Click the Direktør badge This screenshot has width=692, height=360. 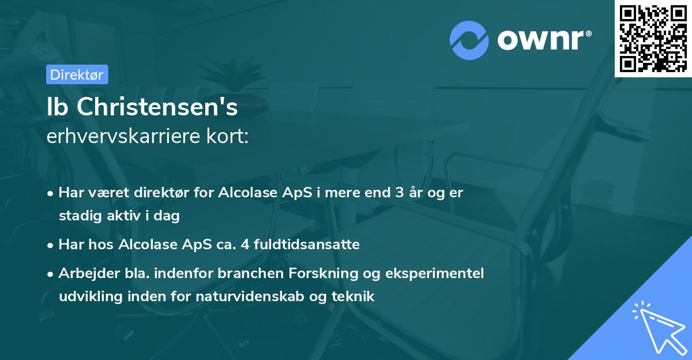click(x=77, y=74)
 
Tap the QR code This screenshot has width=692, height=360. click(x=653, y=38)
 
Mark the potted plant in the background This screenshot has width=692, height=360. click(x=236, y=75)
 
